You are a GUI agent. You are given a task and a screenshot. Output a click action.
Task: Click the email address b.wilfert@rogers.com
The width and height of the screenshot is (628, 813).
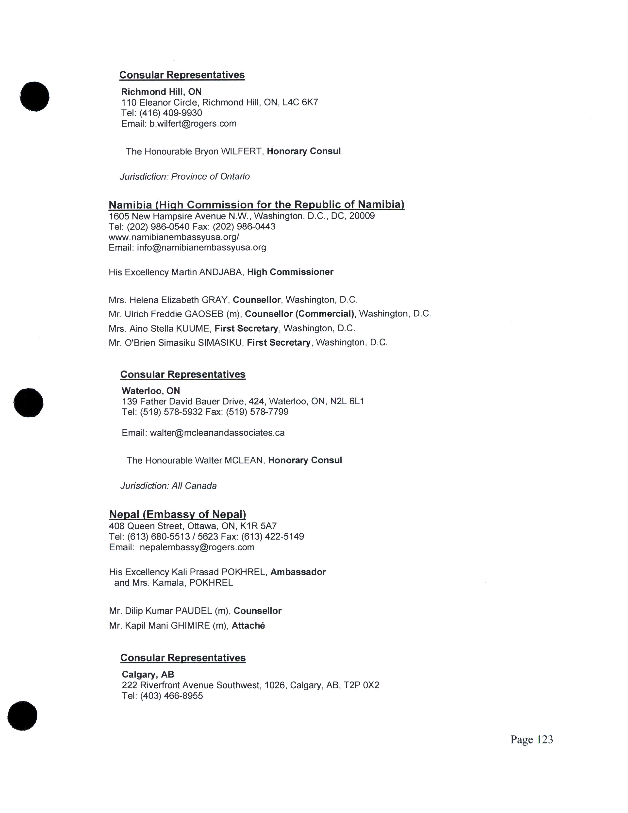pyautogui.click(x=193, y=124)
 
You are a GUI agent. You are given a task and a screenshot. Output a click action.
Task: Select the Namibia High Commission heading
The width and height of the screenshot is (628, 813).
pyautogui.click(x=256, y=204)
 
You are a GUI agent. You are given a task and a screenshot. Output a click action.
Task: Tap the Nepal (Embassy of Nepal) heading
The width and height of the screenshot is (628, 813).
pyautogui.click(x=178, y=514)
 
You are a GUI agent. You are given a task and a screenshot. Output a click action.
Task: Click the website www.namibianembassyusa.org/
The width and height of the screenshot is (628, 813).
pyautogui.click(x=174, y=237)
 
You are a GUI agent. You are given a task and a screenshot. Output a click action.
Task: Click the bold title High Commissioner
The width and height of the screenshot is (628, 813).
pyautogui.click(x=290, y=272)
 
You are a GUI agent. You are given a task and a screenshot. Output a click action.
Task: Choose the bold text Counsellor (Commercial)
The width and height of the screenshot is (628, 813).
pyautogui.click(x=299, y=314)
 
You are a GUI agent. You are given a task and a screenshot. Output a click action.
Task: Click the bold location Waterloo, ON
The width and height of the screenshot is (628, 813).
pyautogui.click(x=151, y=391)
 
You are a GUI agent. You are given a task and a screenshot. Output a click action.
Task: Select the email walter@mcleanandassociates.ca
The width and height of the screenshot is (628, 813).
pyautogui.click(x=217, y=433)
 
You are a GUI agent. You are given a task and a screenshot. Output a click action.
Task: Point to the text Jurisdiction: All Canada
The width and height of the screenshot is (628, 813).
pyautogui.click(x=168, y=486)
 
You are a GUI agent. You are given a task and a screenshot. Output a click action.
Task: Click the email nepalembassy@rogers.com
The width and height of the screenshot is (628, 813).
pyautogui.click(x=197, y=547)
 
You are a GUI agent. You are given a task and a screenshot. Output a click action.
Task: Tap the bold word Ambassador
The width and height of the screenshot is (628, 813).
pyautogui.click(x=298, y=572)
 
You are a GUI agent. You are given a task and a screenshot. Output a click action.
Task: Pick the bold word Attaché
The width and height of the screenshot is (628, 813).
pyautogui.click(x=248, y=626)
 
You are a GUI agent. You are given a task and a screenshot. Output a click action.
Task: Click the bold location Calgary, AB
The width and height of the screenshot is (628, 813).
pyautogui.click(x=148, y=675)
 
